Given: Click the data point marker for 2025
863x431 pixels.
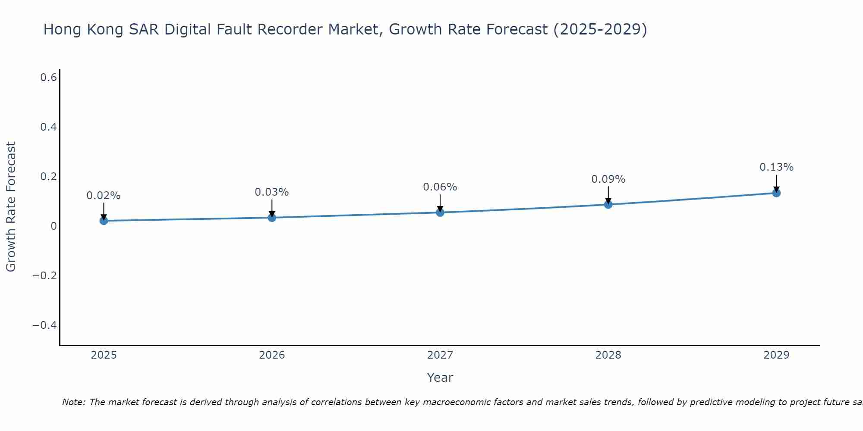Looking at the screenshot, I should point(104,221).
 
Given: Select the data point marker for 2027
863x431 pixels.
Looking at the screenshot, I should point(440,212).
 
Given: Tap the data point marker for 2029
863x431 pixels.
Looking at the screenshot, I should point(776,193).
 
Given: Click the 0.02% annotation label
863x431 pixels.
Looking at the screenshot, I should point(104,196).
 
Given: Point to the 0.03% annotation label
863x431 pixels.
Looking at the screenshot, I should point(272,192).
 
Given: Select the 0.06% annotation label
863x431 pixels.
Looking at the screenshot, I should point(440,187).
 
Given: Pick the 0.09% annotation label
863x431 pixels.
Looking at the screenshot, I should point(608,179).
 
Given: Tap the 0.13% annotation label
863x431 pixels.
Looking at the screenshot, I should point(776,167).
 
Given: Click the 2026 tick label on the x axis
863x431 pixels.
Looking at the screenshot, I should point(272,355).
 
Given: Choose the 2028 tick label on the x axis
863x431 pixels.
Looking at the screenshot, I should point(608,355).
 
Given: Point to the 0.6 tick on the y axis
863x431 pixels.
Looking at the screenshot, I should point(49,78).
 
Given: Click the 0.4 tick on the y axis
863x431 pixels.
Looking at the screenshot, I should point(49,127).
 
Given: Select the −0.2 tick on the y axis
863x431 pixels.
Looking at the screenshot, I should point(45,275).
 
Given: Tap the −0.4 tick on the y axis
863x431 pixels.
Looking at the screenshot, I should point(45,325).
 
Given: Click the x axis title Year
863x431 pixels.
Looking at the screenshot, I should point(440,378).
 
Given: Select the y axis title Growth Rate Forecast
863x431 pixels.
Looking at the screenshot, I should point(11,206).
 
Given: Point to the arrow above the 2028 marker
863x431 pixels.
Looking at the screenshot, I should point(608,195).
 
